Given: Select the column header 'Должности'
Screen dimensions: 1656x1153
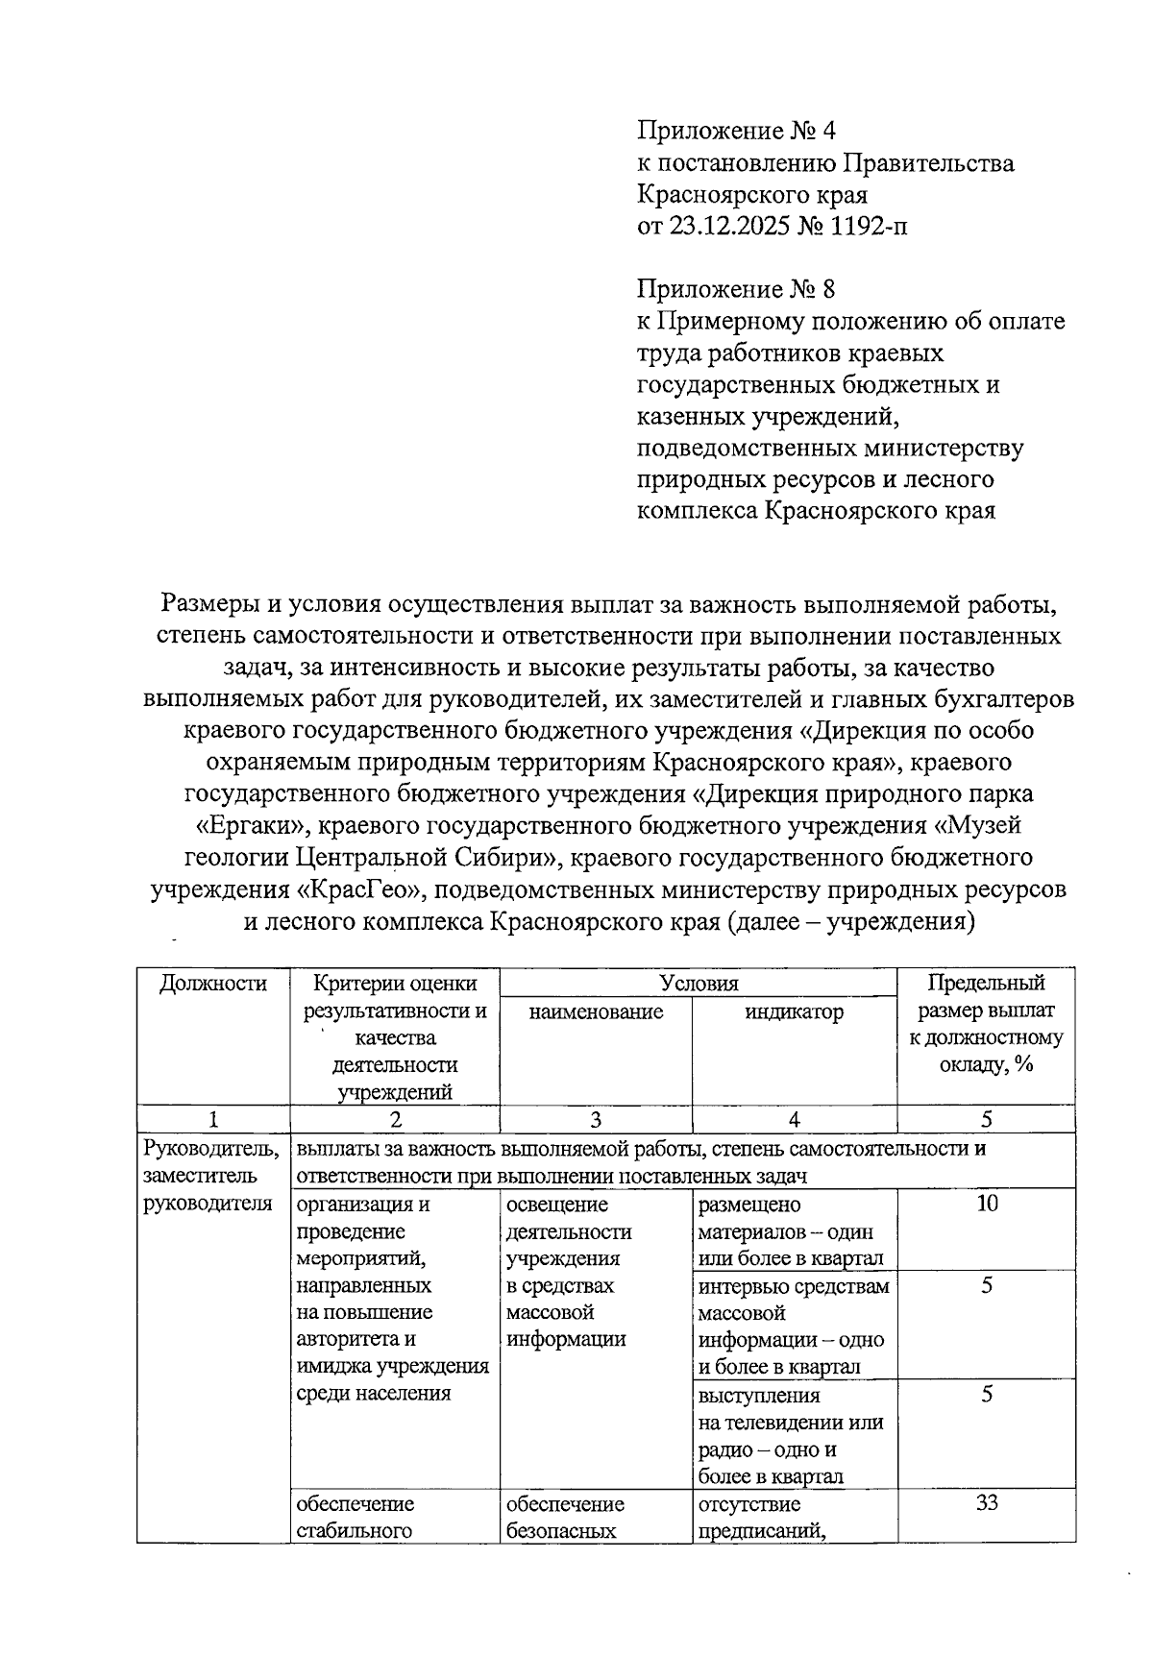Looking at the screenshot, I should [212, 983].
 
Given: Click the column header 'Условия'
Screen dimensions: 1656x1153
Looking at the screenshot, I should [699, 983].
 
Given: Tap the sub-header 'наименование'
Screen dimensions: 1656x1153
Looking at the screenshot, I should [596, 1011].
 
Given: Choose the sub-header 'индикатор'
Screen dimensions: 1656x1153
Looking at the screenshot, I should [794, 1011].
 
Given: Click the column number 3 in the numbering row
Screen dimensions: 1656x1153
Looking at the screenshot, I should [596, 1119].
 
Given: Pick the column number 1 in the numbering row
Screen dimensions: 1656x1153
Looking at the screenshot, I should [212, 1119].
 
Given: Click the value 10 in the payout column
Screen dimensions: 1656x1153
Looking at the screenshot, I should [986, 1204].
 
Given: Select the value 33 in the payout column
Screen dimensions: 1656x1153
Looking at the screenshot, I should [986, 1503].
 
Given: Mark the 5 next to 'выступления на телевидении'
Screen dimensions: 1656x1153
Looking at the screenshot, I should [986, 1395].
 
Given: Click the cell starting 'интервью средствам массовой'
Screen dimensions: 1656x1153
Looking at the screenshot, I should [794, 1326].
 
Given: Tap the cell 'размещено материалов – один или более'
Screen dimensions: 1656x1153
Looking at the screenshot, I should [794, 1230].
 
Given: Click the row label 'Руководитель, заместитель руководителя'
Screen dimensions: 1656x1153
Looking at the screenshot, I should [211, 1176].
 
